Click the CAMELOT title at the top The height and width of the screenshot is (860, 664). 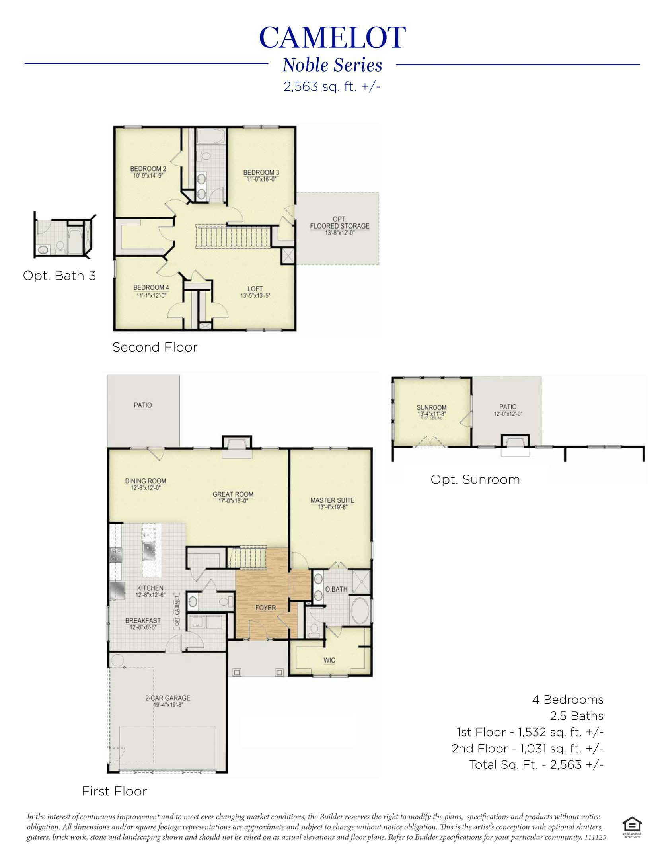click(x=332, y=38)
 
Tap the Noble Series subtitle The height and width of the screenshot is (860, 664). click(x=332, y=65)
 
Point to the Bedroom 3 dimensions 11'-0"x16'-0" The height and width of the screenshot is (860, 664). click(x=261, y=179)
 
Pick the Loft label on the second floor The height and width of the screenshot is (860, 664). click(x=255, y=289)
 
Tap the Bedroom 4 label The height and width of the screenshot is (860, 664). click(x=151, y=287)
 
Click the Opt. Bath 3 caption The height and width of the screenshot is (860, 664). click(x=60, y=276)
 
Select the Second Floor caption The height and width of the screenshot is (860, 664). click(x=155, y=347)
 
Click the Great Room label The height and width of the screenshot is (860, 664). click(x=233, y=494)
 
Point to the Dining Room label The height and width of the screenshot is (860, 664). click(x=146, y=481)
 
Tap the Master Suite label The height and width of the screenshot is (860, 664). click(x=332, y=500)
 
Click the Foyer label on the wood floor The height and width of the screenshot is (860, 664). click(x=265, y=608)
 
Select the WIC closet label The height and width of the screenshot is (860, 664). click(x=329, y=660)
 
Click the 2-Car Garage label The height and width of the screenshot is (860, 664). click(x=167, y=698)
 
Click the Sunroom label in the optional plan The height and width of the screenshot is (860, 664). click(x=431, y=408)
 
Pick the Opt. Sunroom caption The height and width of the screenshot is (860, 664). click(x=475, y=479)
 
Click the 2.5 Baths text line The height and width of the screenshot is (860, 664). click(x=576, y=716)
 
